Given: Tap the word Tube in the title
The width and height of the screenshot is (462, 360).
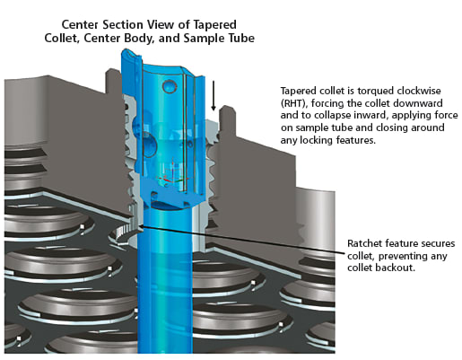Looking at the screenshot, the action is tap(240, 39).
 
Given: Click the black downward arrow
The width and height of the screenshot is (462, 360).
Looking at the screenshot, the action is tap(214, 95).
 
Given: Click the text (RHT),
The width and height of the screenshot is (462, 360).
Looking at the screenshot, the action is tap(294, 103).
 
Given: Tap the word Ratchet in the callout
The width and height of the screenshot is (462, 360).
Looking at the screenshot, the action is tap(364, 243).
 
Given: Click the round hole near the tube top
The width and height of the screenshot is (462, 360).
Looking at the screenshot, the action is tap(170, 86).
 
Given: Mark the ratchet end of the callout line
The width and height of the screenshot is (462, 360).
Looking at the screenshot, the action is tap(140, 226).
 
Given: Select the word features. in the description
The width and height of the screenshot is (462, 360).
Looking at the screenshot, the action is tap(356, 140).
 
